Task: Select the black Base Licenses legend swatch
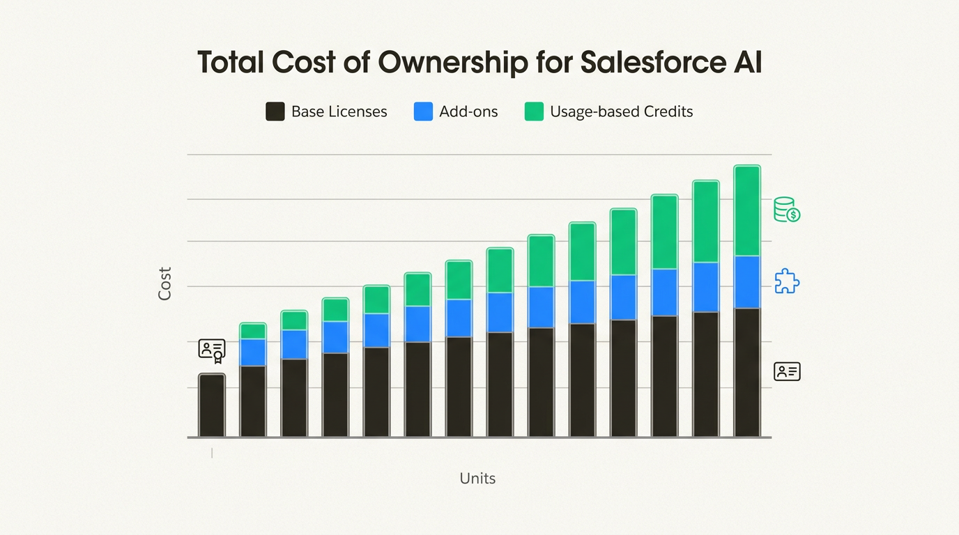(x=275, y=111)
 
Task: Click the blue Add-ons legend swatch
(x=423, y=111)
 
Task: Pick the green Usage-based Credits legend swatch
(x=534, y=111)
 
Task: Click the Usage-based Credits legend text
(x=621, y=111)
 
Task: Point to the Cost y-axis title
(x=164, y=284)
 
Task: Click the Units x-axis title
(x=477, y=479)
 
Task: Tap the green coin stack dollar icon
(x=787, y=210)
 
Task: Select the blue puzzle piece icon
(x=787, y=281)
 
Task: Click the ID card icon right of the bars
(x=787, y=372)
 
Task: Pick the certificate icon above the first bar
(x=212, y=350)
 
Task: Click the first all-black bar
(x=212, y=405)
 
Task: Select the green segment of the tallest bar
(x=747, y=210)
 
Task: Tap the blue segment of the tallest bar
(x=747, y=282)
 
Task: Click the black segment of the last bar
(x=747, y=373)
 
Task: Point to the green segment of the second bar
(x=253, y=331)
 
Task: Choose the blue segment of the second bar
(x=253, y=352)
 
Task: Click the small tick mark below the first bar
(x=212, y=453)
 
